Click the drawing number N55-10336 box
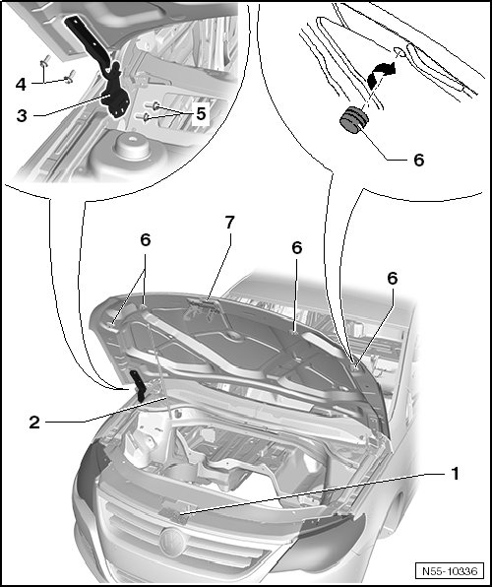coord(450,571)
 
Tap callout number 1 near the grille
coord(455,474)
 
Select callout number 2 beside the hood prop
coord(34,423)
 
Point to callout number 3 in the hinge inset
coord(22,116)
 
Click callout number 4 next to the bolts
coord(21,85)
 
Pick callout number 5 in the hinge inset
coord(202,114)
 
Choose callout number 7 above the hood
coord(229,223)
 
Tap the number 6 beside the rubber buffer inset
coord(418,161)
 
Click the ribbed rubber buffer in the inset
coord(353,120)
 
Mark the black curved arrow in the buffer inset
coord(379,76)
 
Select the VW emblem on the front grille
coord(172,541)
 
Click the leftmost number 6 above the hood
coord(146,240)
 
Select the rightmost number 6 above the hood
coord(392,279)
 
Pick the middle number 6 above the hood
coord(297,248)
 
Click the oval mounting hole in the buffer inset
coord(400,52)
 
